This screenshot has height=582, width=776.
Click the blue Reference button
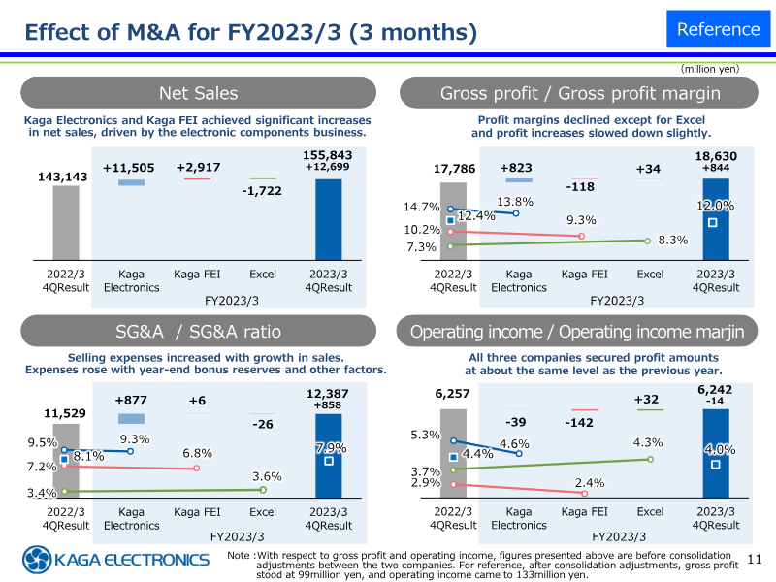(718, 28)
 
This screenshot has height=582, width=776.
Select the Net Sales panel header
(198, 93)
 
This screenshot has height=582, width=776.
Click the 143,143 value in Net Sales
(64, 177)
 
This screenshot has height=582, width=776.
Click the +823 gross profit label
(516, 168)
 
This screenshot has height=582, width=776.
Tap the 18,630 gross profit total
(715, 155)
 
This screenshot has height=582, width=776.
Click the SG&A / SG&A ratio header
(198, 332)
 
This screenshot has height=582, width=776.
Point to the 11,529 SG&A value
(66, 414)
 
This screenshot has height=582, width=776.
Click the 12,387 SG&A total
(328, 392)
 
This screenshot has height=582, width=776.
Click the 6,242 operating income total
(715, 389)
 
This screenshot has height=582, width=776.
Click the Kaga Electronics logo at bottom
(116, 560)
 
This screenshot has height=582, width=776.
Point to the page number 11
(757, 558)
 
